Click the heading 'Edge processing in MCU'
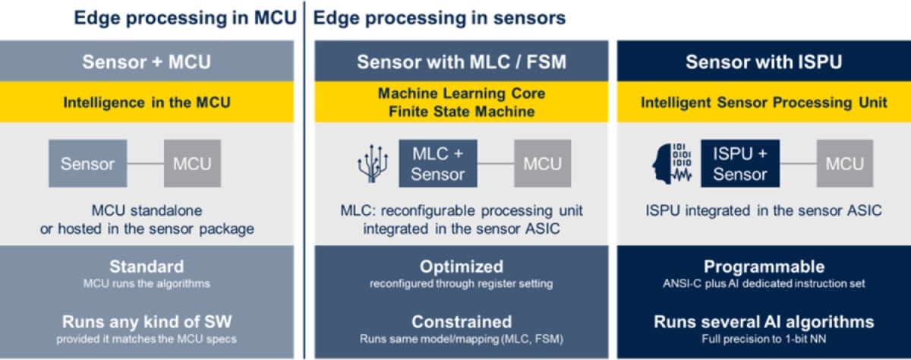[x=184, y=18]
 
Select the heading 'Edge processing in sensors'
[x=439, y=18]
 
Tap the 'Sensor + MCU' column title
[x=147, y=62]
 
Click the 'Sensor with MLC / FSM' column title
[x=461, y=62]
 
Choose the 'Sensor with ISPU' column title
[x=763, y=62]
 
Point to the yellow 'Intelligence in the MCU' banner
[x=147, y=102]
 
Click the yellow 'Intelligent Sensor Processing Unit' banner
[x=763, y=102]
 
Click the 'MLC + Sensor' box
[x=438, y=163]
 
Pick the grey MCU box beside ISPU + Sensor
[x=844, y=163]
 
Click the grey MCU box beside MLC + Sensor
[x=543, y=163]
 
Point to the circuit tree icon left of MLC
[x=373, y=163]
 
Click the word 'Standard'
[x=147, y=267]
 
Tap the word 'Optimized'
[x=461, y=267]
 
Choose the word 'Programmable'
[x=763, y=267]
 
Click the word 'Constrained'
[x=461, y=321]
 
